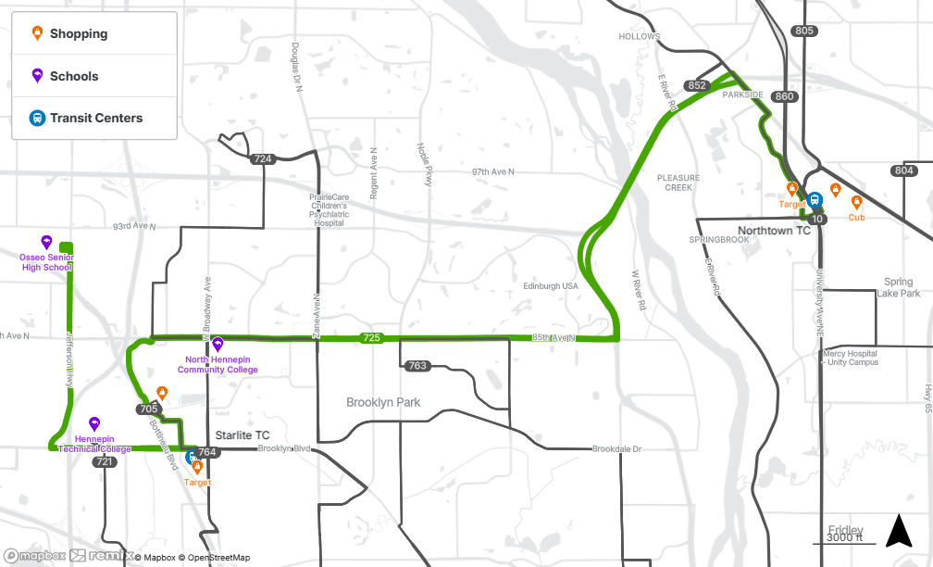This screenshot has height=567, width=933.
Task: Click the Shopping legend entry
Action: coord(78,34)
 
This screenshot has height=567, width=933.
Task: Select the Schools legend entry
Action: coord(73,77)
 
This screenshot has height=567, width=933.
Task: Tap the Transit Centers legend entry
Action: coord(95,119)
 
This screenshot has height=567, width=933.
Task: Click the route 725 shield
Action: coord(371,338)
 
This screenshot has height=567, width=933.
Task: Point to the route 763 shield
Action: coord(417,366)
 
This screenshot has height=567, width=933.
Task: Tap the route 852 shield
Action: coord(698,86)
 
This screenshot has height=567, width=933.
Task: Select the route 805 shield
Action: coord(804,31)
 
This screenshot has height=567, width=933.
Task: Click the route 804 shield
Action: coord(903,170)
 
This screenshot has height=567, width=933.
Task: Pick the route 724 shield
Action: coord(263,159)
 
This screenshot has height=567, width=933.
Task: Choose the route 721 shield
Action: coord(105,461)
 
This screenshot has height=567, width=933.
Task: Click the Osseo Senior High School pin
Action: coord(46,242)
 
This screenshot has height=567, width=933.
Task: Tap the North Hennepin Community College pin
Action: coord(218,345)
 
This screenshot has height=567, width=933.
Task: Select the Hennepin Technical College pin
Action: coord(93,423)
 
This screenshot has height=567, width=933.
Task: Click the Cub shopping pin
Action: coord(856,203)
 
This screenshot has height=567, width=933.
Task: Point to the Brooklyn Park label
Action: coord(383,403)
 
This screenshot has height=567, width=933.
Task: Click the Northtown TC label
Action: coord(774,231)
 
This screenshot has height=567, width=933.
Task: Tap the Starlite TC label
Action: coord(243,435)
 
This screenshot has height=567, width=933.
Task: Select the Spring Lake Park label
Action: coord(898,287)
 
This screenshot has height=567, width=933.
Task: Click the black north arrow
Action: coord(899,531)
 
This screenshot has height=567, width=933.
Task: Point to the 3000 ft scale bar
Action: coord(844,538)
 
